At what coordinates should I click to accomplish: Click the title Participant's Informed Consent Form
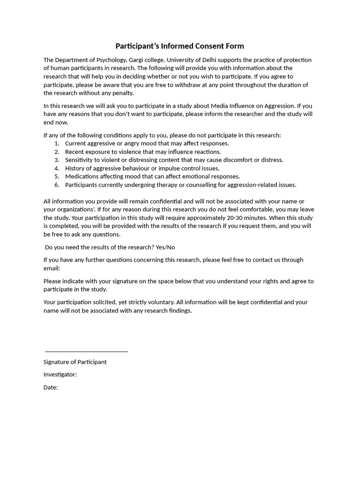coord(180,46)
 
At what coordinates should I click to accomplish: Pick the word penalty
coord(122,93)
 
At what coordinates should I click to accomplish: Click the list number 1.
coord(56,143)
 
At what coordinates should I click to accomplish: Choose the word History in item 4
coord(75,168)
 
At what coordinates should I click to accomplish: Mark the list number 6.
coord(56,185)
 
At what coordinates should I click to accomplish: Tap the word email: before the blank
coord(52,268)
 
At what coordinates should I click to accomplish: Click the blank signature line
coord(86,351)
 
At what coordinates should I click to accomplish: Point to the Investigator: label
coord(60,375)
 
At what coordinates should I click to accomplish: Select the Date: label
coord(51,387)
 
